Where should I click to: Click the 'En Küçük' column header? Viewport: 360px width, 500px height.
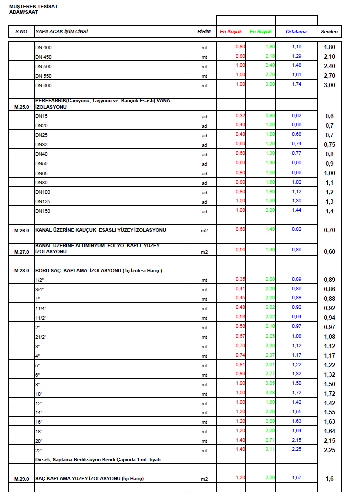click(231, 32)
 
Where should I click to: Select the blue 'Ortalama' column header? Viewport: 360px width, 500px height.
click(296, 32)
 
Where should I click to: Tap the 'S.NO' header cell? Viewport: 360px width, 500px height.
click(21, 32)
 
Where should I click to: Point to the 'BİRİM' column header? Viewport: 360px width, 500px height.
click(204, 32)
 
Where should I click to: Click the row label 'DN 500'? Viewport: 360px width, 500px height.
click(43, 67)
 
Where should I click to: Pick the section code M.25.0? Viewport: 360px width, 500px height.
click(22, 107)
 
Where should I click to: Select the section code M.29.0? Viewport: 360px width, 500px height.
click(22, 479)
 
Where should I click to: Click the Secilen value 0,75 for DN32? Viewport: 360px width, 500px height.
click(329, 145)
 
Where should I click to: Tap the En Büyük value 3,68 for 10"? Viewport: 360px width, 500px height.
click(270, 392)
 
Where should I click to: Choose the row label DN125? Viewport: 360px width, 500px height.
click(42, 202)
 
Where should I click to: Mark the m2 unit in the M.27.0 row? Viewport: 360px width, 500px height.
click(204, 252)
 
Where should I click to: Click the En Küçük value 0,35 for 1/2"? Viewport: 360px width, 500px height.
click(240, 278)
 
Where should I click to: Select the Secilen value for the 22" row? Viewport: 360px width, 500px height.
click(329, 450)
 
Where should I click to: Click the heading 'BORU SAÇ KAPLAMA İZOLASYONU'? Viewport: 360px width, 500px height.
click(98, 271)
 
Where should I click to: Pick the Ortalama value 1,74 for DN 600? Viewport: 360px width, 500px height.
click(297, 84)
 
